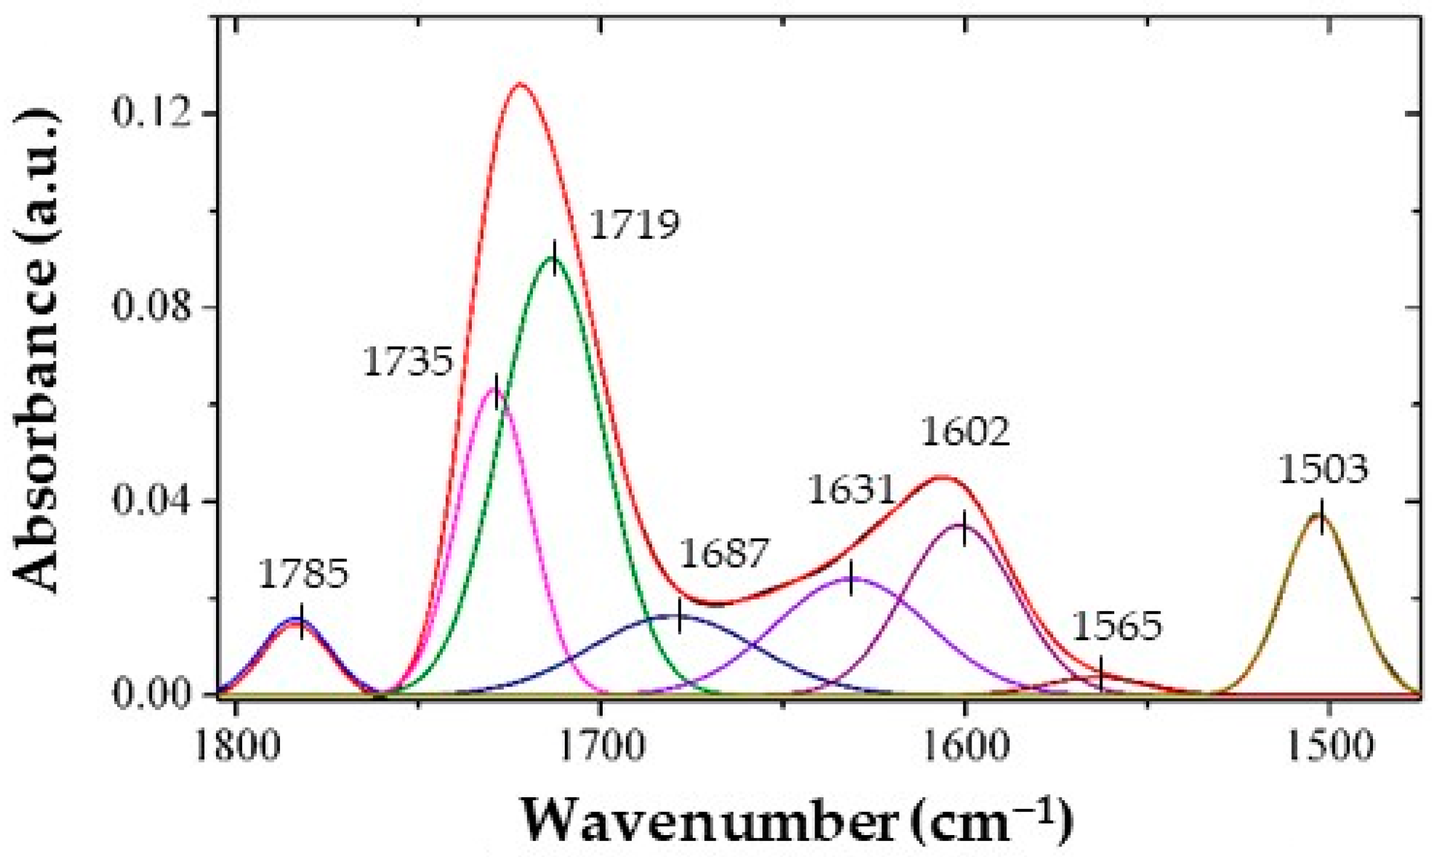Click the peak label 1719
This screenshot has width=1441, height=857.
pos(634,225)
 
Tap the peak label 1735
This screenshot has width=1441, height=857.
pos(408,361)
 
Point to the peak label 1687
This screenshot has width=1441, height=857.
pos(723,553)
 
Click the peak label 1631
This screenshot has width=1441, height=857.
pos(851,490)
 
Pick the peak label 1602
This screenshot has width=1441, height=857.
pos(965,432)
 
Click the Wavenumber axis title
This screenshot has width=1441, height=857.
pos(796,821)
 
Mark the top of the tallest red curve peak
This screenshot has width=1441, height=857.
pos(520,84)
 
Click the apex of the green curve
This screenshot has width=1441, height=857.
pos(554,258)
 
